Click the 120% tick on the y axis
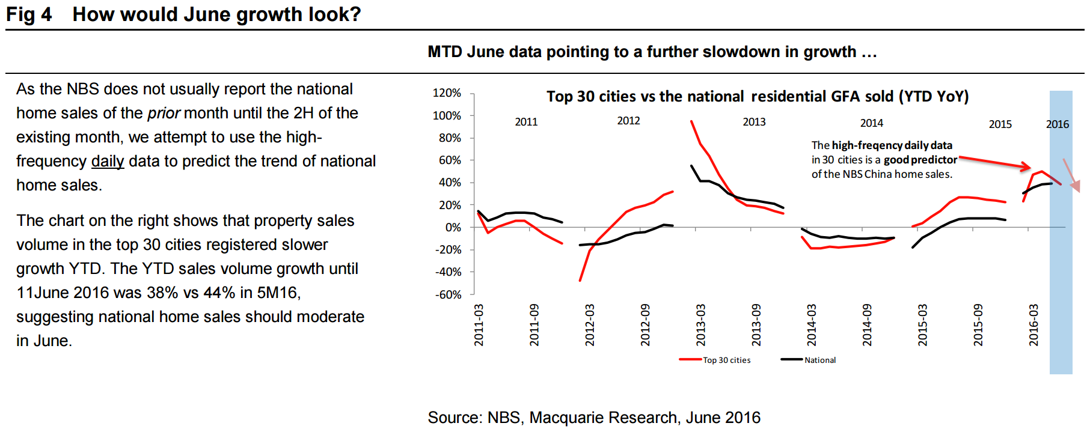click(x=447, y=93)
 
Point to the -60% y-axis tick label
click(x=448, y=294)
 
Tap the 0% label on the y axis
click(x=453, y=228)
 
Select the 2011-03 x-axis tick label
click(x=479, y=325)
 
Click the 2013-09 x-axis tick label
click(x=756, y=325)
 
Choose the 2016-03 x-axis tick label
click(x=1033, y=325)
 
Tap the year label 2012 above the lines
click(x=628, y=121)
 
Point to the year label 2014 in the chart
click(x=871, y=123)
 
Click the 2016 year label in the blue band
click(x=1057, y=124)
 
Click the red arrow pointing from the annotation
click(x=995, y=162)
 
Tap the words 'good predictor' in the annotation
click(x=920, y=160)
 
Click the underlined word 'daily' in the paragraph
click(x=108, y=161)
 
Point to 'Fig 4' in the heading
click(x=29, y=14)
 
